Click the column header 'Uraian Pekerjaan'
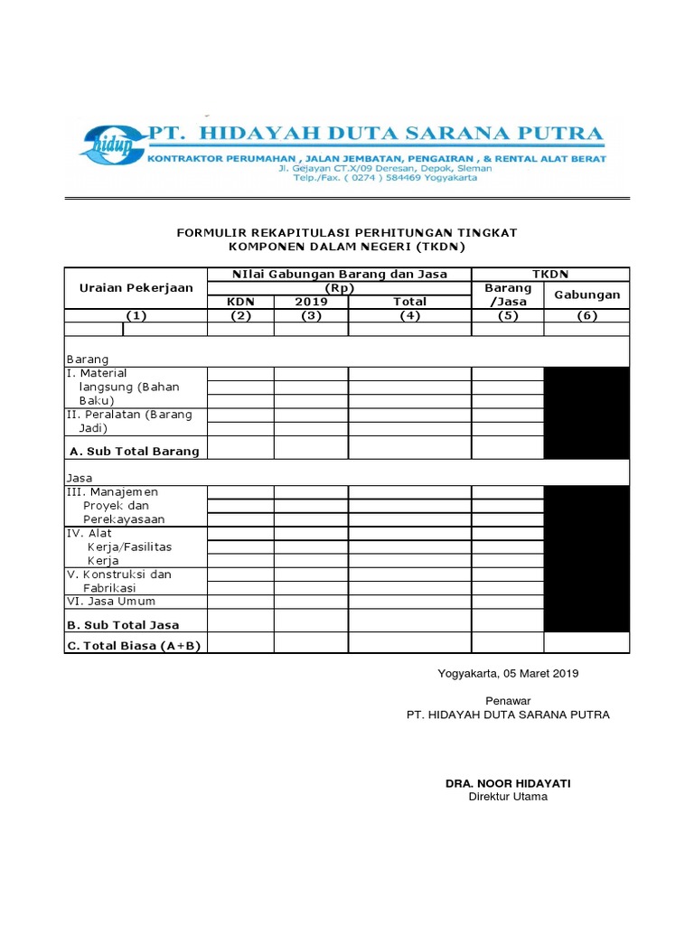[x=136, y=287]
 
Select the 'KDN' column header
[x=240, y=302]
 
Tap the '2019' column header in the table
[x=311, y=302]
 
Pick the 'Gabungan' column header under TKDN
[x=586, y=294]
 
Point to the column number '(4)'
[x=409, y=315]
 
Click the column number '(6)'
[x=586, y=315]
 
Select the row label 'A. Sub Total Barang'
[x=135, y=450]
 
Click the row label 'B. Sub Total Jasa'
[x=123, y=624]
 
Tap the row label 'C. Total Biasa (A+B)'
[x=135, y=645]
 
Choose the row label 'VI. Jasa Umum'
[x=110, y=601]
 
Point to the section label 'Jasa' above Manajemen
[x=80, y=477]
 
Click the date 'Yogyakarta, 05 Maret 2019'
[x=508, y=674]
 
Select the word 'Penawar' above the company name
[x=508, y=700]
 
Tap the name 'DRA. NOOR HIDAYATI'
[x=508, y=783]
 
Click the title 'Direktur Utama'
[x=508, y=797]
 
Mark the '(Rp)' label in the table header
[x=339, y=288]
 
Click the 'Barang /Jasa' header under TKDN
[x=507, y=294]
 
